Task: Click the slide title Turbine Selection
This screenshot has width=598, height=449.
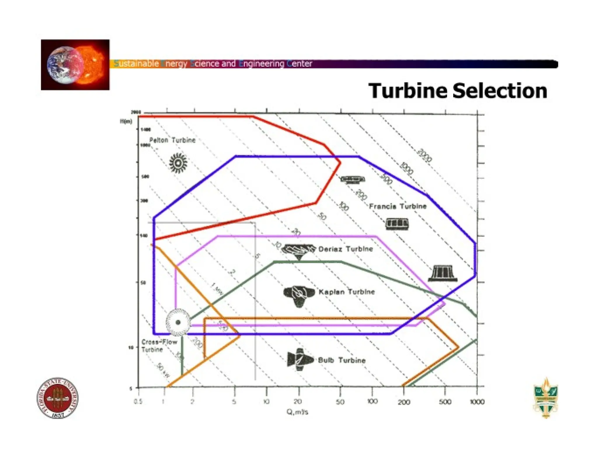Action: tap(458, 91)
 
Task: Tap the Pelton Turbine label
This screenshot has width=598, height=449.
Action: tap(172, 140)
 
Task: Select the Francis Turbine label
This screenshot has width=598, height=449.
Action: tap(398, 206)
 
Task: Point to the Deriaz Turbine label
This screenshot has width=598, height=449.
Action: tap(346, 249)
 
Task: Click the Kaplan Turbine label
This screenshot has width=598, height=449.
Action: tap(347, 292)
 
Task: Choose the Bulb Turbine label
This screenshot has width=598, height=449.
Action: tap(342, 360)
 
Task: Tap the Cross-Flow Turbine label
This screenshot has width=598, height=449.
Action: tap(159, 346)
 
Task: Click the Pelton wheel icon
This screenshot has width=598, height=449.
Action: tap(178, 163)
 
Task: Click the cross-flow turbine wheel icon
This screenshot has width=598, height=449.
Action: tap(178, 322)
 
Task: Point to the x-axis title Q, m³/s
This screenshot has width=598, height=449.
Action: tap(297, 412)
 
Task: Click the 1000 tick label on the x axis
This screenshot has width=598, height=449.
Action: tap(477, 402)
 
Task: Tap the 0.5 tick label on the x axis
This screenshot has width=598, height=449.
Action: tap(138, 402)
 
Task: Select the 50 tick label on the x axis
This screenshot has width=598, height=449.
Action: tap(340, 402)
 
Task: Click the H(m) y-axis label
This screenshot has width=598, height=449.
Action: tap(126, 121)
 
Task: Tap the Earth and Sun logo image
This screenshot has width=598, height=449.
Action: tap(75, 65)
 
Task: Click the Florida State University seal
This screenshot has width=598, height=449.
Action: tap(58, 398)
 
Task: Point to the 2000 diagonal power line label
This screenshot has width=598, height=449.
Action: tap(424, 155)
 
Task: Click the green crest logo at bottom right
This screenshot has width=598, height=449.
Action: tap(546, 398)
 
